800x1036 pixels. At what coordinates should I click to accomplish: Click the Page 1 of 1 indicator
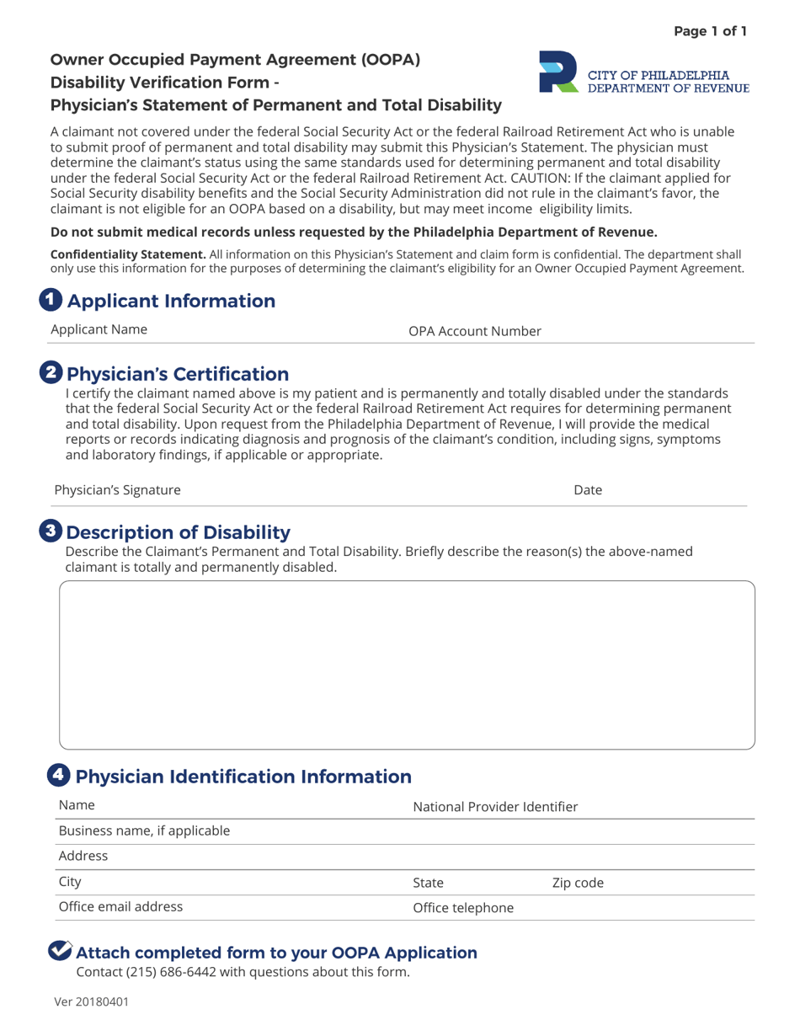click(709, 32)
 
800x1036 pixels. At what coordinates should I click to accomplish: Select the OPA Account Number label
click(474, 331)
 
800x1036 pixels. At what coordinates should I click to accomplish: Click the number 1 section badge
click(51, 300)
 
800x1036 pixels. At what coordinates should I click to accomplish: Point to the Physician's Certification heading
click(177, 374)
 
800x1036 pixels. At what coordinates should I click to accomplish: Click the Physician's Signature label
click(117, 490)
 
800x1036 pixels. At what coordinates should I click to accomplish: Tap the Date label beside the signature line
click(588, 490)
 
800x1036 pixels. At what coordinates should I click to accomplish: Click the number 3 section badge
click(51, 531)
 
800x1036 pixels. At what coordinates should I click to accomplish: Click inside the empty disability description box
click(407, 665)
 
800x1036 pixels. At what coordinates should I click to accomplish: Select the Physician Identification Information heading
click(243, 777)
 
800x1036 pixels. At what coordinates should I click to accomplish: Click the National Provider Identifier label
click(495, 807)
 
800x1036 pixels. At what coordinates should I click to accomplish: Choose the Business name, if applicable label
click(144, 831)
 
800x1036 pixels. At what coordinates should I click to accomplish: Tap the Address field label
click(83, 857)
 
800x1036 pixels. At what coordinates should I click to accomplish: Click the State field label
click(428, 883)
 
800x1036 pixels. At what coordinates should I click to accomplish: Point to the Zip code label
click(578, 883)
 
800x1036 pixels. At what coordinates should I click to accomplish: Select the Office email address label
click(120, 907)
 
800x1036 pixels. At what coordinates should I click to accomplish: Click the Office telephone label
click(462, 908)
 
